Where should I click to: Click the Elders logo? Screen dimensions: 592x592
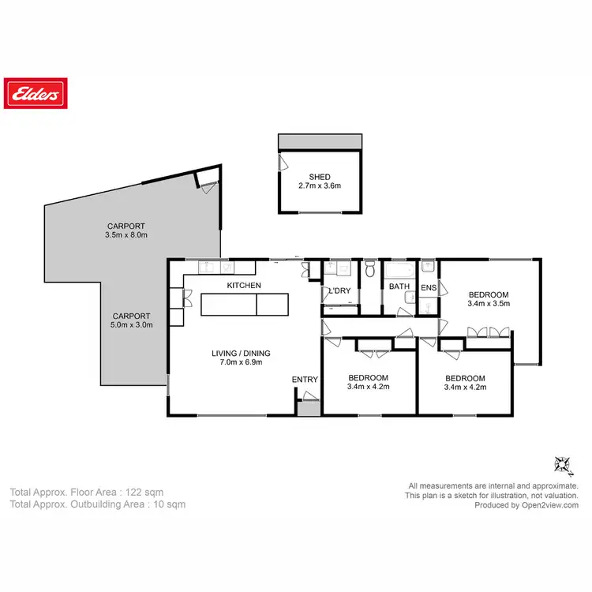[35, 94]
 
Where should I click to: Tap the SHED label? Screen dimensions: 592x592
[320, 177]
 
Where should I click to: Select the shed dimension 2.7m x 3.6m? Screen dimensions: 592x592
[320, 186]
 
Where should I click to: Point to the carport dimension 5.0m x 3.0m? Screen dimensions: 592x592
[131, 324]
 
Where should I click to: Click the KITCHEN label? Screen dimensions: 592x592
[244, 285]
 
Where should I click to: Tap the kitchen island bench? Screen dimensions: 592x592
[245, 304]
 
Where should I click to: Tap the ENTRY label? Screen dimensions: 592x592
[305, 380]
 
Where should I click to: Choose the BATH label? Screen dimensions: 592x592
[399, 287]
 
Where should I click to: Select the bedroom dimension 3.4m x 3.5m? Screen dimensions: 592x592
[489, 302]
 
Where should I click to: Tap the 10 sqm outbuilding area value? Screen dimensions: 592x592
[170, 504]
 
